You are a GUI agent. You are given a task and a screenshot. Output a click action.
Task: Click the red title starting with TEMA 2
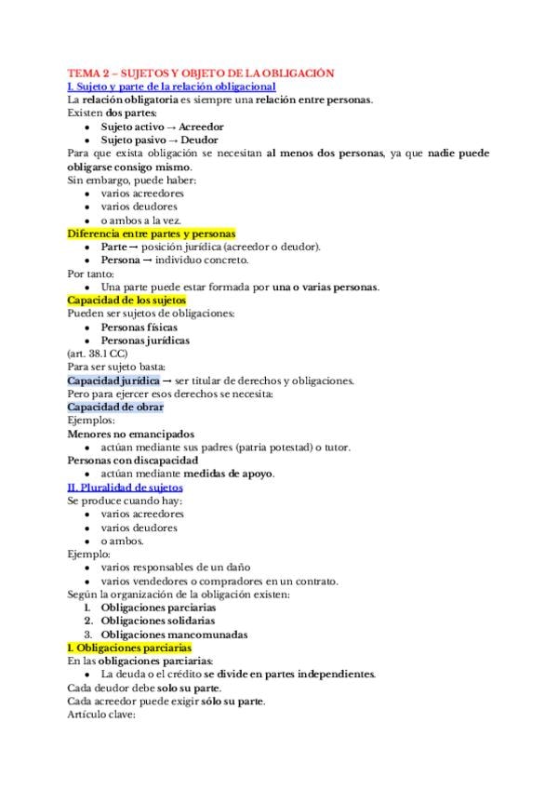201,73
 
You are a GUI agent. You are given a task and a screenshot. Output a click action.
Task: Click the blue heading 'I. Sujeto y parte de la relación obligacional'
171,86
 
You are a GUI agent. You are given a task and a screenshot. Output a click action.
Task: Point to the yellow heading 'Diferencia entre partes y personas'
152,234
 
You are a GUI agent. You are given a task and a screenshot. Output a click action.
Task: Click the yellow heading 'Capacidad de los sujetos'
127,301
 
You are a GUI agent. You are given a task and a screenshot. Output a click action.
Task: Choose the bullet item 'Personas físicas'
139,328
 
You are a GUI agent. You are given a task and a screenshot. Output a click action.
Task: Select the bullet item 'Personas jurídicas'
145,341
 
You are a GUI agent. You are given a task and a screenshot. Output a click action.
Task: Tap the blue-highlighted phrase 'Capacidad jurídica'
113,381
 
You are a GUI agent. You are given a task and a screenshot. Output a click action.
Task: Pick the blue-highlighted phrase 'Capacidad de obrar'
116,408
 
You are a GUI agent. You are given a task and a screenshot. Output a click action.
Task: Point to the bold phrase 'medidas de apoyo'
232,474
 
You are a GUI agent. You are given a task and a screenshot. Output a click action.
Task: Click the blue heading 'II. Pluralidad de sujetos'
126,487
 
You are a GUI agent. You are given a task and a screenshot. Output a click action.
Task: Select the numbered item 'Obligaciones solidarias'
158,621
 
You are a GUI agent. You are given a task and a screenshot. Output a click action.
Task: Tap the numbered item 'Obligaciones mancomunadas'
174,635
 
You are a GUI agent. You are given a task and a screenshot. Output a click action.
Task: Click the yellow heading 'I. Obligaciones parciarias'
130,648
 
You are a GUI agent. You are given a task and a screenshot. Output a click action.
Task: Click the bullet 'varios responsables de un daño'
176,568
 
